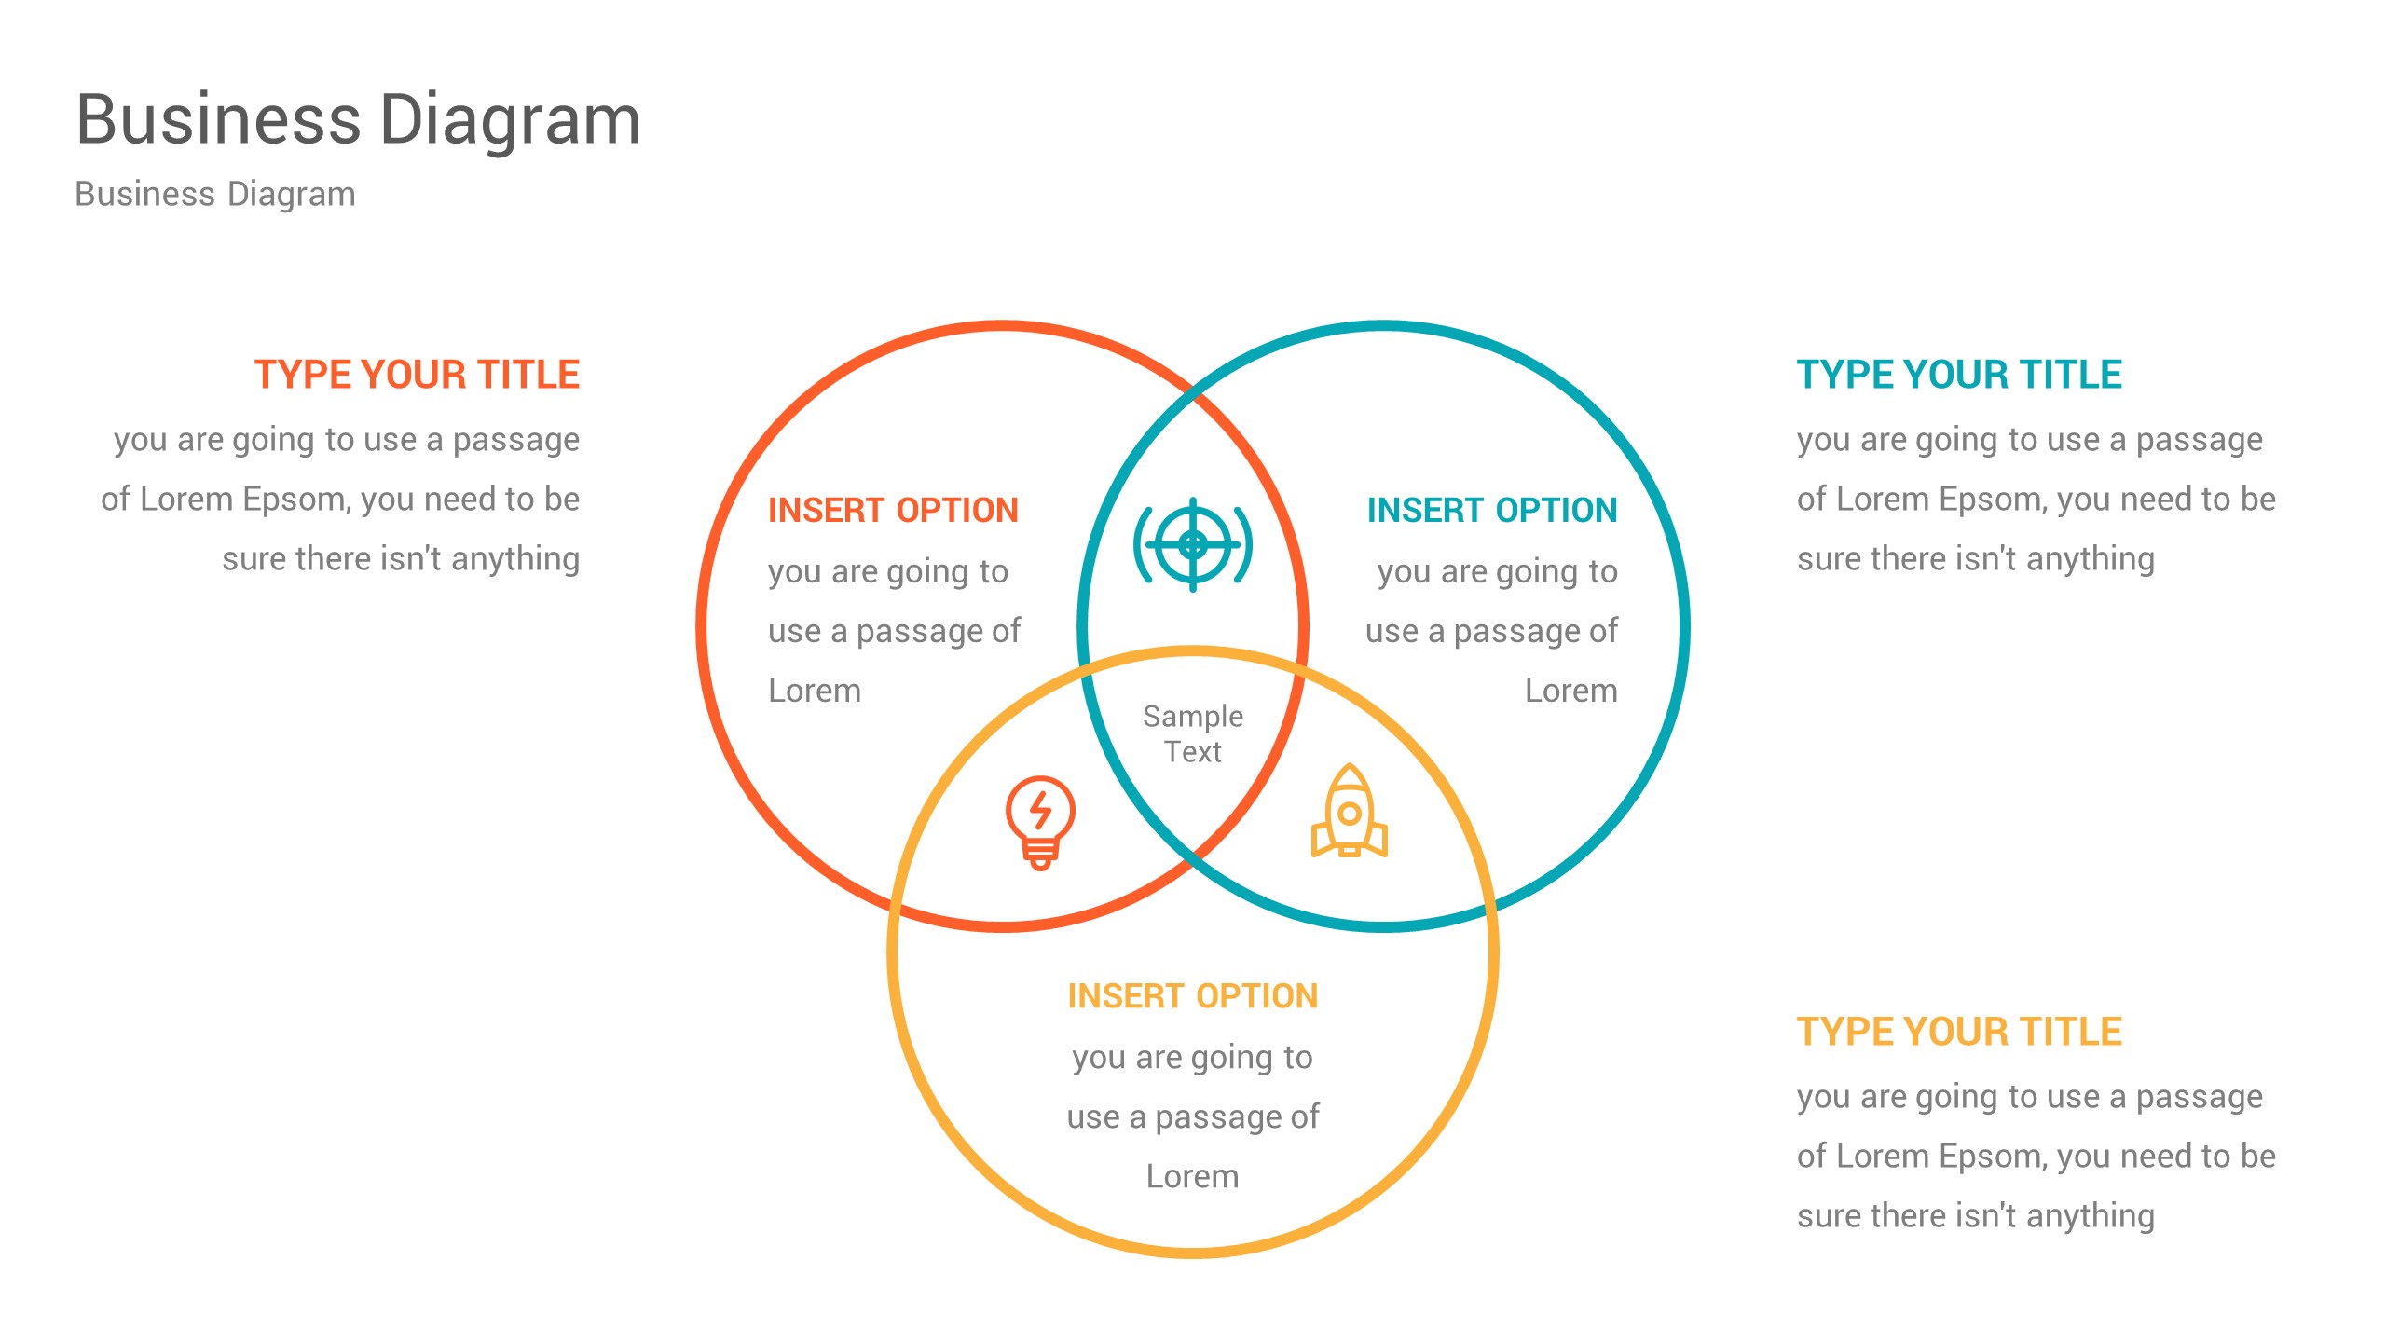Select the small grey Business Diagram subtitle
(x=214, y=194)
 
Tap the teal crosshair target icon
(x=1193, y=545)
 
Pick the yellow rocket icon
(x=1349, y=813)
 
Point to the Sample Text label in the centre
(x=1193, y=733)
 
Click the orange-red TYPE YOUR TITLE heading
(x=417, y=375)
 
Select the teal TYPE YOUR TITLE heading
(x=1959, y=375)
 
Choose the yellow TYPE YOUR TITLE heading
(x=1959, y=1032)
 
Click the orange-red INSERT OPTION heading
(x=893, y=511)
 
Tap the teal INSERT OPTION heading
(x=1491, y=511)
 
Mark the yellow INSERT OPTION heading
(x=1192, y=996)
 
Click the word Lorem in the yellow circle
(x=1192, y=1176)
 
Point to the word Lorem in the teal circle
(x=1570, y=691)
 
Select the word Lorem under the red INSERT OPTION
(x=815, y=691)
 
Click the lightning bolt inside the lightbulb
(x=1040, y=808)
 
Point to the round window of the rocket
(x=1349, y=814)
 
